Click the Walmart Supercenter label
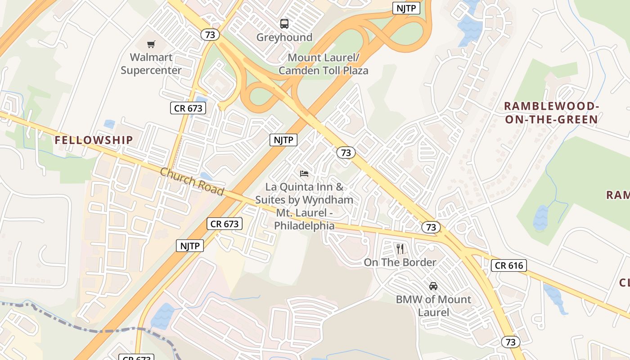(151, 64)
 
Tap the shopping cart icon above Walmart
(151, 44)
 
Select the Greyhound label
(284, 37)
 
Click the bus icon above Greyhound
(284, 23)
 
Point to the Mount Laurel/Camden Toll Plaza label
(323, 64)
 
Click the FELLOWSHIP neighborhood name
(94, 140)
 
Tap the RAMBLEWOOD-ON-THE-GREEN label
(551, 113)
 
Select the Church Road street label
(192, 181)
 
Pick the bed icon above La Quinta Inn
(304, 174)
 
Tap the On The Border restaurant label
(400, 262)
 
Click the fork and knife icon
(400, 248)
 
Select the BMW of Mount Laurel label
(433, 306)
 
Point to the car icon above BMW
(433, 286)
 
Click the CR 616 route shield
(509, 265)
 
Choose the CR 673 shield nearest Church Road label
(225, 224)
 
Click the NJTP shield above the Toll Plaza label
(406, 8)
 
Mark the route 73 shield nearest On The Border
(431, 227)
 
